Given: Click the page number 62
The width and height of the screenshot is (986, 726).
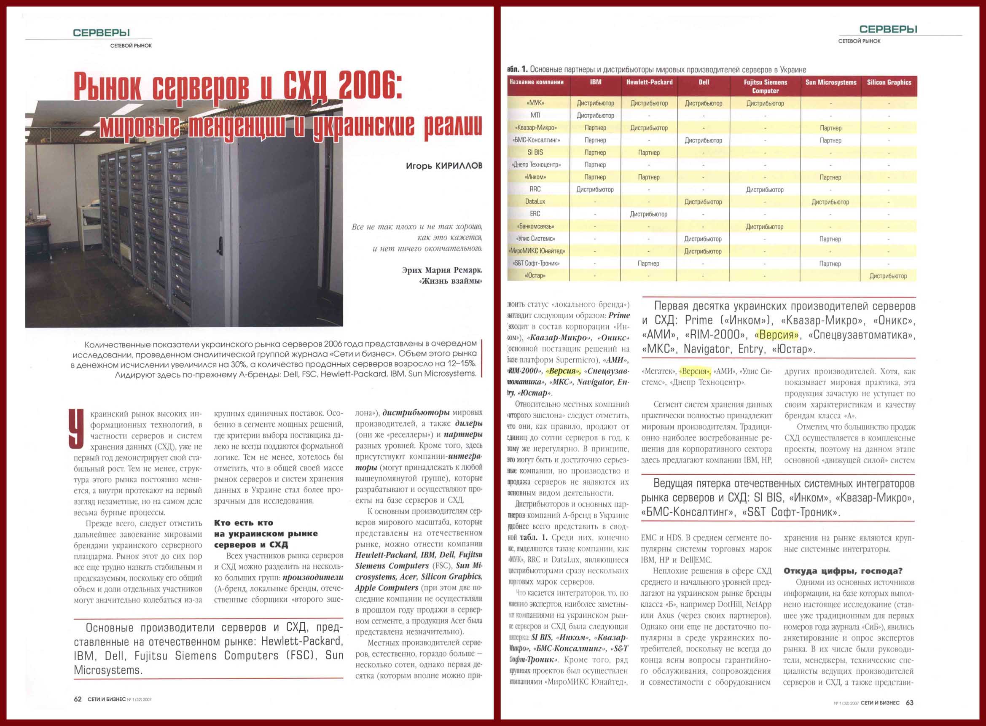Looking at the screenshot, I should (77, 699).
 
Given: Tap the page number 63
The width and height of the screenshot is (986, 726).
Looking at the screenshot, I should (909, 703).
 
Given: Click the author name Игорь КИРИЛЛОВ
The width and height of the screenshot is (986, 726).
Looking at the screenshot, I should (444, 166).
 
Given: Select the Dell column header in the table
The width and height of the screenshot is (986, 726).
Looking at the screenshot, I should (704, 82).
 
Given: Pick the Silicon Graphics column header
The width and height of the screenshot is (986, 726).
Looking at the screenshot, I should (889, 82).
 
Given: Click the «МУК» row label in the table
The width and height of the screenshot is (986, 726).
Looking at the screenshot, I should (535, 103).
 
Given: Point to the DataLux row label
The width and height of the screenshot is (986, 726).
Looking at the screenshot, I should (535, 201).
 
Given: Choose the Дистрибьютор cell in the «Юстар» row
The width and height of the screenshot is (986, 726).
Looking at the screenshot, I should (888, 276).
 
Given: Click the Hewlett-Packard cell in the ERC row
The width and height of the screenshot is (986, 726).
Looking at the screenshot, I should (648, 214).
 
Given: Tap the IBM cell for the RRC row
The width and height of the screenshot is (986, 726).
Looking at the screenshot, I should (595, 189).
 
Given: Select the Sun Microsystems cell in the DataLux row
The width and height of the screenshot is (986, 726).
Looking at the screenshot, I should (830, 202).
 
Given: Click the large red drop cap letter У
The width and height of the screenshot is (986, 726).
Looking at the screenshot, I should (76, 429).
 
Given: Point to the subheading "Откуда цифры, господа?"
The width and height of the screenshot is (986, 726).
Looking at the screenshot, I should (843, 571).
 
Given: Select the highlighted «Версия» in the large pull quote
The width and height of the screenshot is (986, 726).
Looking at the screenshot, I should (776, 335).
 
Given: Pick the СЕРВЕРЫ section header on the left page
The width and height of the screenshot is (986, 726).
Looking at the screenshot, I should (101, 32).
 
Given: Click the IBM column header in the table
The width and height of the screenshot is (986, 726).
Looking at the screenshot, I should (595, 82).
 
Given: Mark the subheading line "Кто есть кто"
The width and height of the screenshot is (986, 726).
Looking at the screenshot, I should (243, 522).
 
